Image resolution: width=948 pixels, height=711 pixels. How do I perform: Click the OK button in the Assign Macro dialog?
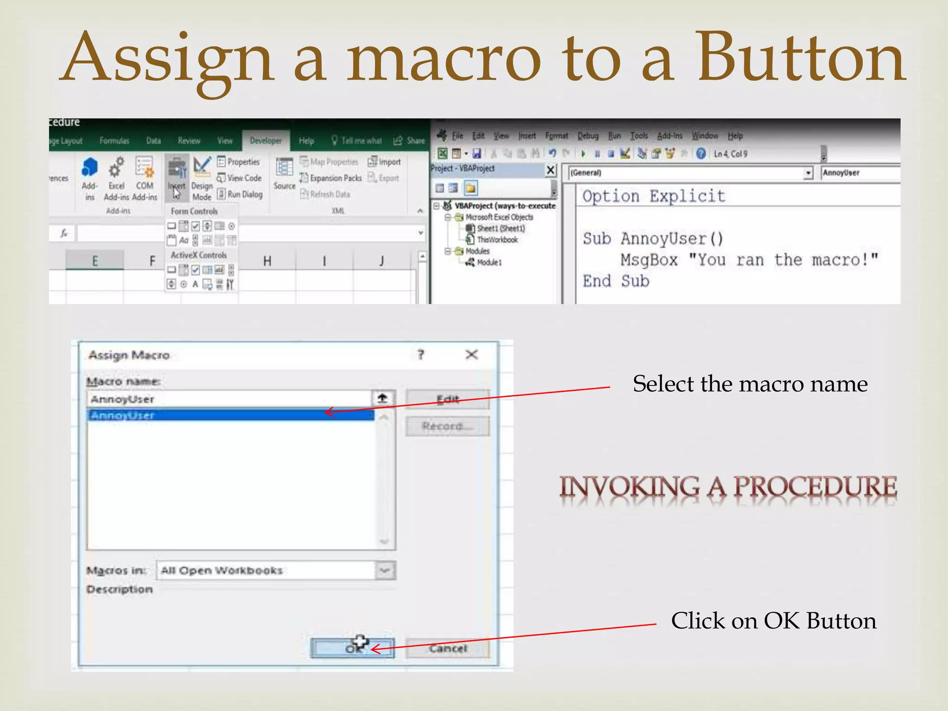pos(352,648)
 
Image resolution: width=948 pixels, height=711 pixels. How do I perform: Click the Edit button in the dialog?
pos(447,399)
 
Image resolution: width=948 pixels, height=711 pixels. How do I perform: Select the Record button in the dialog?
pos(447,426)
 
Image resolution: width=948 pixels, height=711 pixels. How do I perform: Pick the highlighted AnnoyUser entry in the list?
pos(231,415)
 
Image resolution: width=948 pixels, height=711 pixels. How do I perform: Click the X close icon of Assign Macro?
pos(471,355)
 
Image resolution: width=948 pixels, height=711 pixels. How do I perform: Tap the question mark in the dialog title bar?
pos(421,355)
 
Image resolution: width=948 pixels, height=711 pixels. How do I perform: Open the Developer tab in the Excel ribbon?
pos(266,141)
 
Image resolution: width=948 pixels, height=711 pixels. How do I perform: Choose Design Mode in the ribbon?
pos(202,178)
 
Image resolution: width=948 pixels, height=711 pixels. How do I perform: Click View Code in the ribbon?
pos(240,178)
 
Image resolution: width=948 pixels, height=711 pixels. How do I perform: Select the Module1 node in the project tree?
pos(489,262)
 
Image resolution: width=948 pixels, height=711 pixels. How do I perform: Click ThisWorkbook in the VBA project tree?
pos(497,240)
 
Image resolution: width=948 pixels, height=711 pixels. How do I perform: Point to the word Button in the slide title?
pos(801,58)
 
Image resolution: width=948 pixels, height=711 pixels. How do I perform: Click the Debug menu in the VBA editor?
pos(588,136)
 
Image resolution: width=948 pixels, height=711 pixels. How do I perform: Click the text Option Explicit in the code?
pos(653,196)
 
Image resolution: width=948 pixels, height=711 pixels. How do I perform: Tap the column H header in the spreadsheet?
pos(267,261)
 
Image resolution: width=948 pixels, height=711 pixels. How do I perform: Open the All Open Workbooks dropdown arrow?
pos(385,570)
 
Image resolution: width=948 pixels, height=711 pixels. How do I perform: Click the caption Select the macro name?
pos(750,384)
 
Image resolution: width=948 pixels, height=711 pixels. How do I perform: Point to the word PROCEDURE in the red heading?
pos(815,487)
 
